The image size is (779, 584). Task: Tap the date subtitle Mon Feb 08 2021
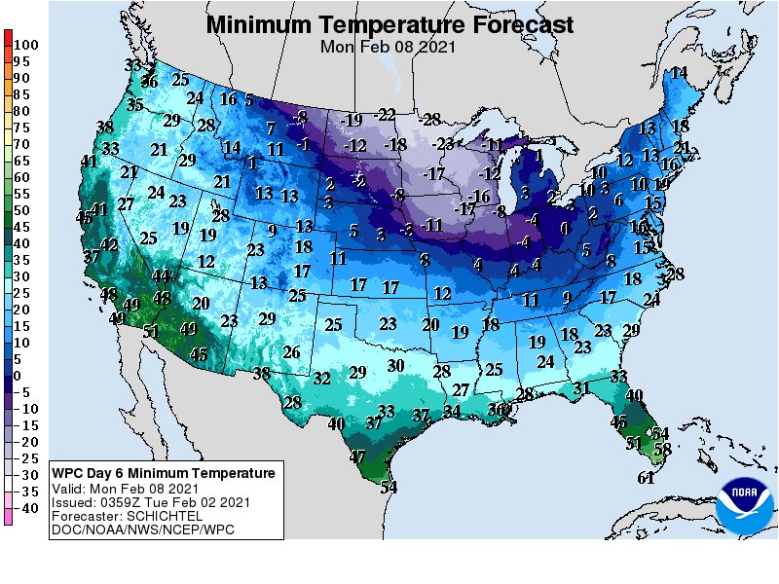tap(389, 45)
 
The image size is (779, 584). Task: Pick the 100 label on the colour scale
tap(26, 45)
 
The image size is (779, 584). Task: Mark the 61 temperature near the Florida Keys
tap(646, 477)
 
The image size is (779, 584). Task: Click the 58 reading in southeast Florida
tap(663, 449)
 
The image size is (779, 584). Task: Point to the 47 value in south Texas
tap(358, 456)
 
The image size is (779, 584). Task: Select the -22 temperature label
tap(386, 115)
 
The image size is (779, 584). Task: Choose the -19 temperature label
tap(352, 120)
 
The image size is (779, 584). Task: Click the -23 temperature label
tap(444, 143)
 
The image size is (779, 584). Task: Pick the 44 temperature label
tap(161, 275)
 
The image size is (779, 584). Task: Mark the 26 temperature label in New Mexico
tap(291, 351)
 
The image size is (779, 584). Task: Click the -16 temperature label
tap(479, 197)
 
